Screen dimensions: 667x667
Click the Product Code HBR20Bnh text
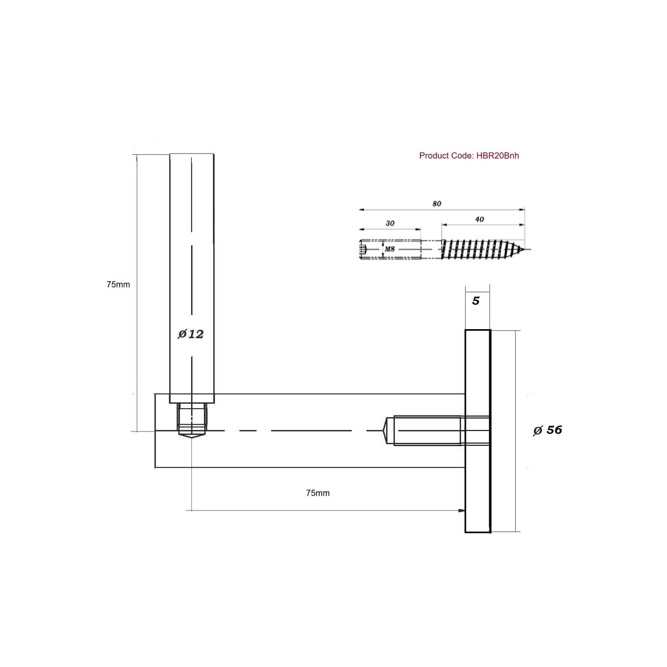pos(469,156)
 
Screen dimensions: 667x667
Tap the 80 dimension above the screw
pos(437,204)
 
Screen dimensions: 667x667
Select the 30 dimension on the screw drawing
pos(390,223)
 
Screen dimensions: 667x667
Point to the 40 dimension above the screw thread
pos(480,219)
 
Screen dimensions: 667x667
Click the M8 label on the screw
pos(390,249)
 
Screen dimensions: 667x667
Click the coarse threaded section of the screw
pos(478,250)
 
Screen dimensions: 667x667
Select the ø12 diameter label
pos(191,334)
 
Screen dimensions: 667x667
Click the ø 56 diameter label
pos(548,430)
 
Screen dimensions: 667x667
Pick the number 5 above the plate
pos(476,301)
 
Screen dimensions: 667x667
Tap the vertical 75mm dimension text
pos(118,285)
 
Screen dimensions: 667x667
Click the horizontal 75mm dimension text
pos(318,493)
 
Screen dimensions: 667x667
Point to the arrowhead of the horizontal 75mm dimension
pos(462,510)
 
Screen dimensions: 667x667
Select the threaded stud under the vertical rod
pos(191,419)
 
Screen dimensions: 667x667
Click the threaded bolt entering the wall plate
pos(428,431)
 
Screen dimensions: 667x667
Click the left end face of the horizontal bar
pos(155,431)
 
